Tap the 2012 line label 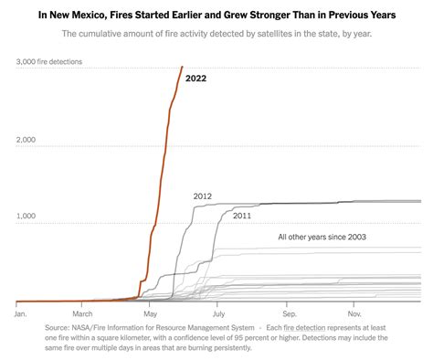[x=203, y=196]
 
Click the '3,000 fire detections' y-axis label [x=49, y=61]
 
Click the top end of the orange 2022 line [x=182, y=67]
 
